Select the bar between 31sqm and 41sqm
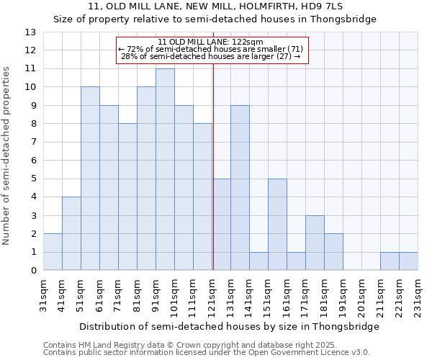click(x=53, y=252)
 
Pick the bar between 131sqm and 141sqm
click(x=240, y=188)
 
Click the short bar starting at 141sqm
click(x=258, y=261)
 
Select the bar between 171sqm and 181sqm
click(x=315, y=243)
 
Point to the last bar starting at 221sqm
click(x=408, y=261)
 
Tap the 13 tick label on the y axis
click(x=30, y=32)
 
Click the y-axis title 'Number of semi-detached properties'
click(x=7, y=155)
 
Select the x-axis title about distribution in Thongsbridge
click(x=229, y=326)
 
